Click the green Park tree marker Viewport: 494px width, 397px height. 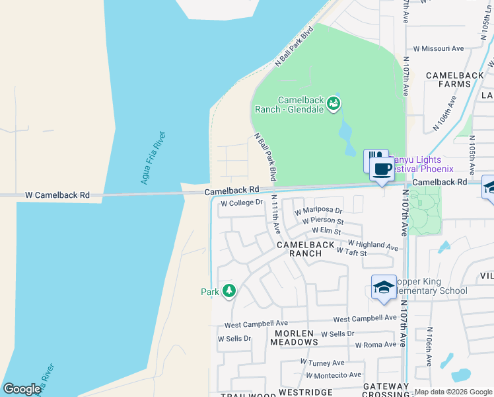[229, 290]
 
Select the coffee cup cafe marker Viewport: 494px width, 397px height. [382, 169]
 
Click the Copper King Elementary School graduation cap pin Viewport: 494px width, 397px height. [384, 288]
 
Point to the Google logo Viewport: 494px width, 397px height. [22, 389]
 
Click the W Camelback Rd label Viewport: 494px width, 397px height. [57, 196]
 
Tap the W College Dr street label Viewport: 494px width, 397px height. [242, 203]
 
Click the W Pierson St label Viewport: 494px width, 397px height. [323, 221]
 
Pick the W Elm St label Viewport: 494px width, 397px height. [326, 232]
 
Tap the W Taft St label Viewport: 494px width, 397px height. [351, 252]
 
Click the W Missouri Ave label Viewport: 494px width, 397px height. [439, 48]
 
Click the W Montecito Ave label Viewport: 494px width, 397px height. [335, 375]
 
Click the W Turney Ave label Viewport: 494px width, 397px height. [322, 363]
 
